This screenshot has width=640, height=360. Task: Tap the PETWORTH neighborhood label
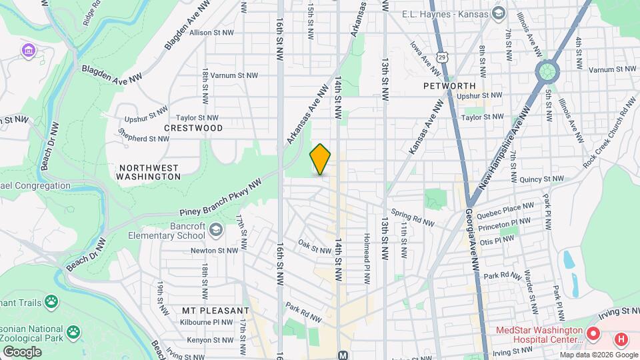pyautogui.click(x=449, y=86)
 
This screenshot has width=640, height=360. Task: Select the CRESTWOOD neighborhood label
pyautogui.click(x=193, y=127)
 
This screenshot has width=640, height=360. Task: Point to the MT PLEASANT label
pyautogui.click(x=215, y=311)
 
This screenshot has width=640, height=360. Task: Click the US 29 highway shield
pyautogui.click(x=441, y=58)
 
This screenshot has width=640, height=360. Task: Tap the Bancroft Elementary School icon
pyautogui.click(x=215, y=231)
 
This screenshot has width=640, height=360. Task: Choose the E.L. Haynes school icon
pyautogui.click(x=498, y=13)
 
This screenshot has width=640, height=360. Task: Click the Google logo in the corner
pyautogui.click(x=22, y=351)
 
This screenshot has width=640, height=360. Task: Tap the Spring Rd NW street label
pyautogui.click(x=413, y=218)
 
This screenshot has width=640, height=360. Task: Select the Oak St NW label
pyautogui.click(x=315, y=247)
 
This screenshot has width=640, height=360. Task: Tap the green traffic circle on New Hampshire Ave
pyautogui.click(x=547, y=69)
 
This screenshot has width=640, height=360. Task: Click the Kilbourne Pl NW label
pyautogui.click(x=207, y=321)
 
